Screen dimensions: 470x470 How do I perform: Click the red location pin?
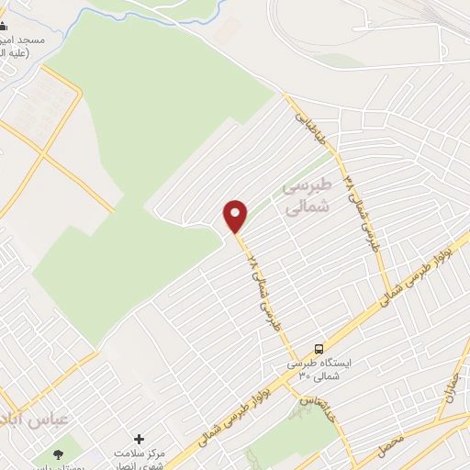click(x=236, y=215)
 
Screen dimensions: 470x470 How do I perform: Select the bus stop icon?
click(x=319, y=349)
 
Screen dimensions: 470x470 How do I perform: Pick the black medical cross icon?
click(x=139, y=441)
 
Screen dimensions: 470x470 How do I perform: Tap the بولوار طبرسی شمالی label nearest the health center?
click(x=220, y=414)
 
